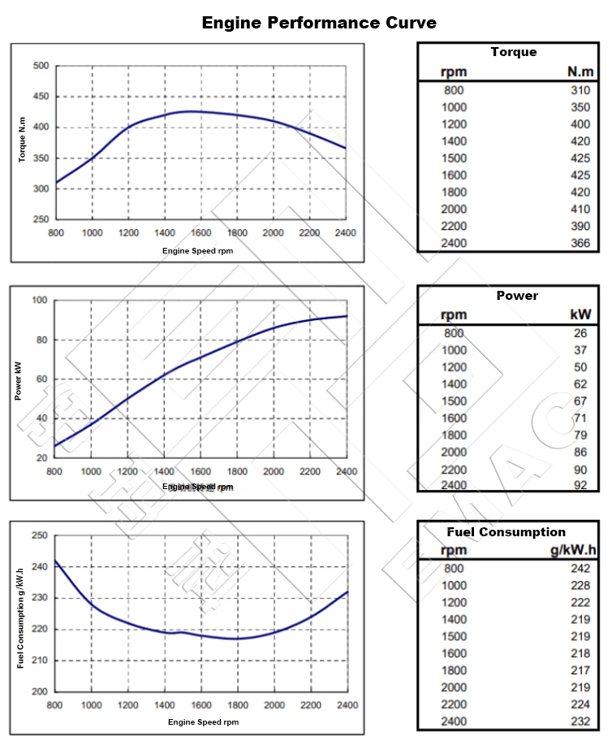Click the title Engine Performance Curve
pyautogui.click(x=319, y=22)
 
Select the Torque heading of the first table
pyautogui.click(x=513, y=52)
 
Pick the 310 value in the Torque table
pyautogui.click(x=580, y=90)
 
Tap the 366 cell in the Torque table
pyautogui.click(x=580, y=242)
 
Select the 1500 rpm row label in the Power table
pyautogui.click(x=454, y=401)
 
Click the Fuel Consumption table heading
pyautogui.click(x=506, y=532)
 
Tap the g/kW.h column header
pyautogui.click(x=572, y=550)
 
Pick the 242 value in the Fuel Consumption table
pyautogui.click(x=580, y=569)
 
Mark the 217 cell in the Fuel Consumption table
pyautogui.click(x=580, y=670)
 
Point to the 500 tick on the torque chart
pyautogui.click(x=41, y=66)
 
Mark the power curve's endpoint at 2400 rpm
pyautogui.click(x=347, y=316)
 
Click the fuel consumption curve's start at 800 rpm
pyautogui.click(x=55, y=560)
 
